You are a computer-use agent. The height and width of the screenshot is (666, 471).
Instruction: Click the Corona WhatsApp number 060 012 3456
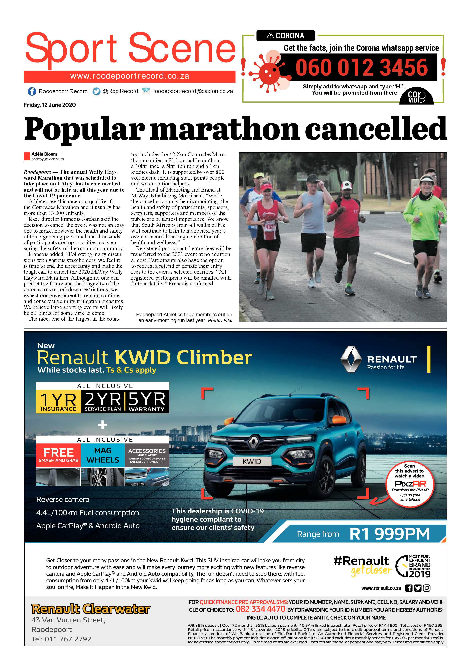[361, 67]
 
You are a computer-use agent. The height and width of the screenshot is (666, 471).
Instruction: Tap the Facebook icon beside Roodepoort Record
[32, 91]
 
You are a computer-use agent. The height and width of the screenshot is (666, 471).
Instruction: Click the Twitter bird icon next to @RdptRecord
[97, 91]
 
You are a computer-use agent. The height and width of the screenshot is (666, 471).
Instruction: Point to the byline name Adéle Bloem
[44, 154]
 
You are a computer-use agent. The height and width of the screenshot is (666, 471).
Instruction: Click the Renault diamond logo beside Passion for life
[351, 359]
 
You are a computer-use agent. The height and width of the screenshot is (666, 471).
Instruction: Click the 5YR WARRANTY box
[147, 401]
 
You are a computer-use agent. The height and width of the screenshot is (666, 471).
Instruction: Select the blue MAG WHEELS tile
[103, 455]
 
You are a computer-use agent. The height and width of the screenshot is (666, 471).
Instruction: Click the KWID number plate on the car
[252, 461]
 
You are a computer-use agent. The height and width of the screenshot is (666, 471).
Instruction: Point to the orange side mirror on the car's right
[337, 419]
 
